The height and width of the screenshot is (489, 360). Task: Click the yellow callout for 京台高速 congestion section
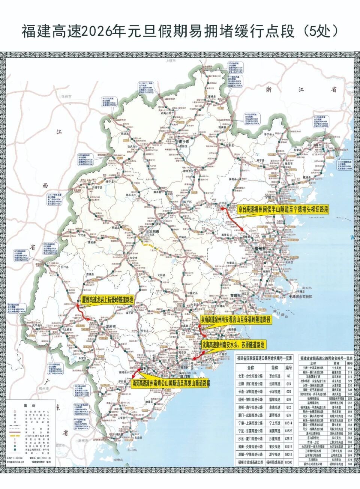tap(283, 209)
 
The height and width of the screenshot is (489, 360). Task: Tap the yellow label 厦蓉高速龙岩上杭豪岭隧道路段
tap(107, 299)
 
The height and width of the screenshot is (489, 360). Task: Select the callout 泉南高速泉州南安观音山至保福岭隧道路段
tap(235, 320)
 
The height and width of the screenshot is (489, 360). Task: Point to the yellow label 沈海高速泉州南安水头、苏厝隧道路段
tap(233, 344)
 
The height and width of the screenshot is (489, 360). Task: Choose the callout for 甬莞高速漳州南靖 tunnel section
tap(171, 383)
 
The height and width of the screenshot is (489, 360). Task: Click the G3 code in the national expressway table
tap(288, 375)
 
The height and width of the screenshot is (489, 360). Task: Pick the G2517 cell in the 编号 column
tap(288, 438)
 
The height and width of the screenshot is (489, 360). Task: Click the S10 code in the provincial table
tap(349, 368)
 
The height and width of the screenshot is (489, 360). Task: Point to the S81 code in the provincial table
tap(349, 464)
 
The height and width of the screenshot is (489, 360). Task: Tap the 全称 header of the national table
tap(250, 368)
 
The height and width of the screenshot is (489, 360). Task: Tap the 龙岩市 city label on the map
tap(112, 326)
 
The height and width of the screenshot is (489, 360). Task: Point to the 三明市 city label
tap(155, 232)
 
